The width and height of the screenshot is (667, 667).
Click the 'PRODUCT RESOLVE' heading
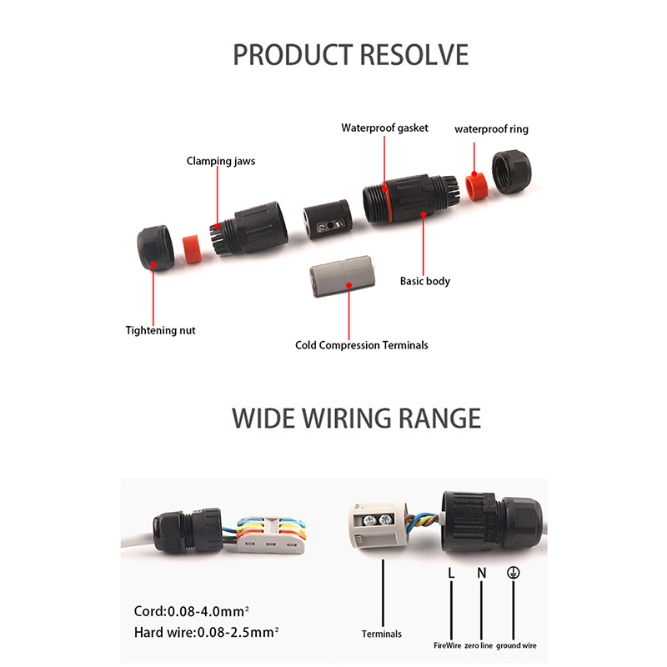(350, 54)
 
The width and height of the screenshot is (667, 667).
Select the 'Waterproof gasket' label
(384, 128)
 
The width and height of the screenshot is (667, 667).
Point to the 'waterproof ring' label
(491, 129)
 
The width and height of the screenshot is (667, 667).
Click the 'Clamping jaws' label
(220, 160)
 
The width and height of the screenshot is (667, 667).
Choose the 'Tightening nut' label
(160, 330)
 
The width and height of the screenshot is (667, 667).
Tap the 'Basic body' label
(424, 281)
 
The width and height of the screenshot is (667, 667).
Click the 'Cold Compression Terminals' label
(362, 344)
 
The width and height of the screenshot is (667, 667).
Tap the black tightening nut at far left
(155, 247)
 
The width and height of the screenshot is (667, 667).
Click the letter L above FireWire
(451, 574)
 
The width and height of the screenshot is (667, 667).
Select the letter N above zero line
(481, 574)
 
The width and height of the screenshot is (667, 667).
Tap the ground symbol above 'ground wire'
(514, 574)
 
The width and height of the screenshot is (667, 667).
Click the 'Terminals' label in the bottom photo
(381, 634)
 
